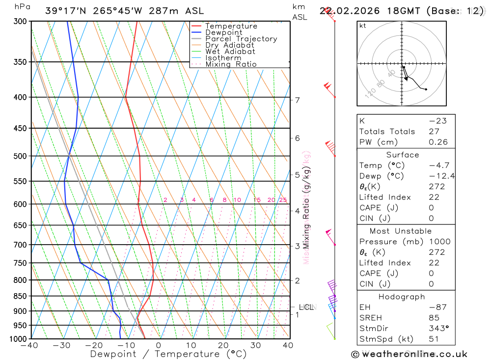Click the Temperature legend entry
[x=231, y=26]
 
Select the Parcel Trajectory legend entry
[x=241, y=39]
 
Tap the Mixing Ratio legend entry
[x=231, y=64]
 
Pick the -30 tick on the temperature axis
[x=62, y=345]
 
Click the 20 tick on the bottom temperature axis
[x=223, y=345]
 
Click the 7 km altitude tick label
[x=297, y=100]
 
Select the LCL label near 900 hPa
[x=306, y=307]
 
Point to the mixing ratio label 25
[x=283, y=200]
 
